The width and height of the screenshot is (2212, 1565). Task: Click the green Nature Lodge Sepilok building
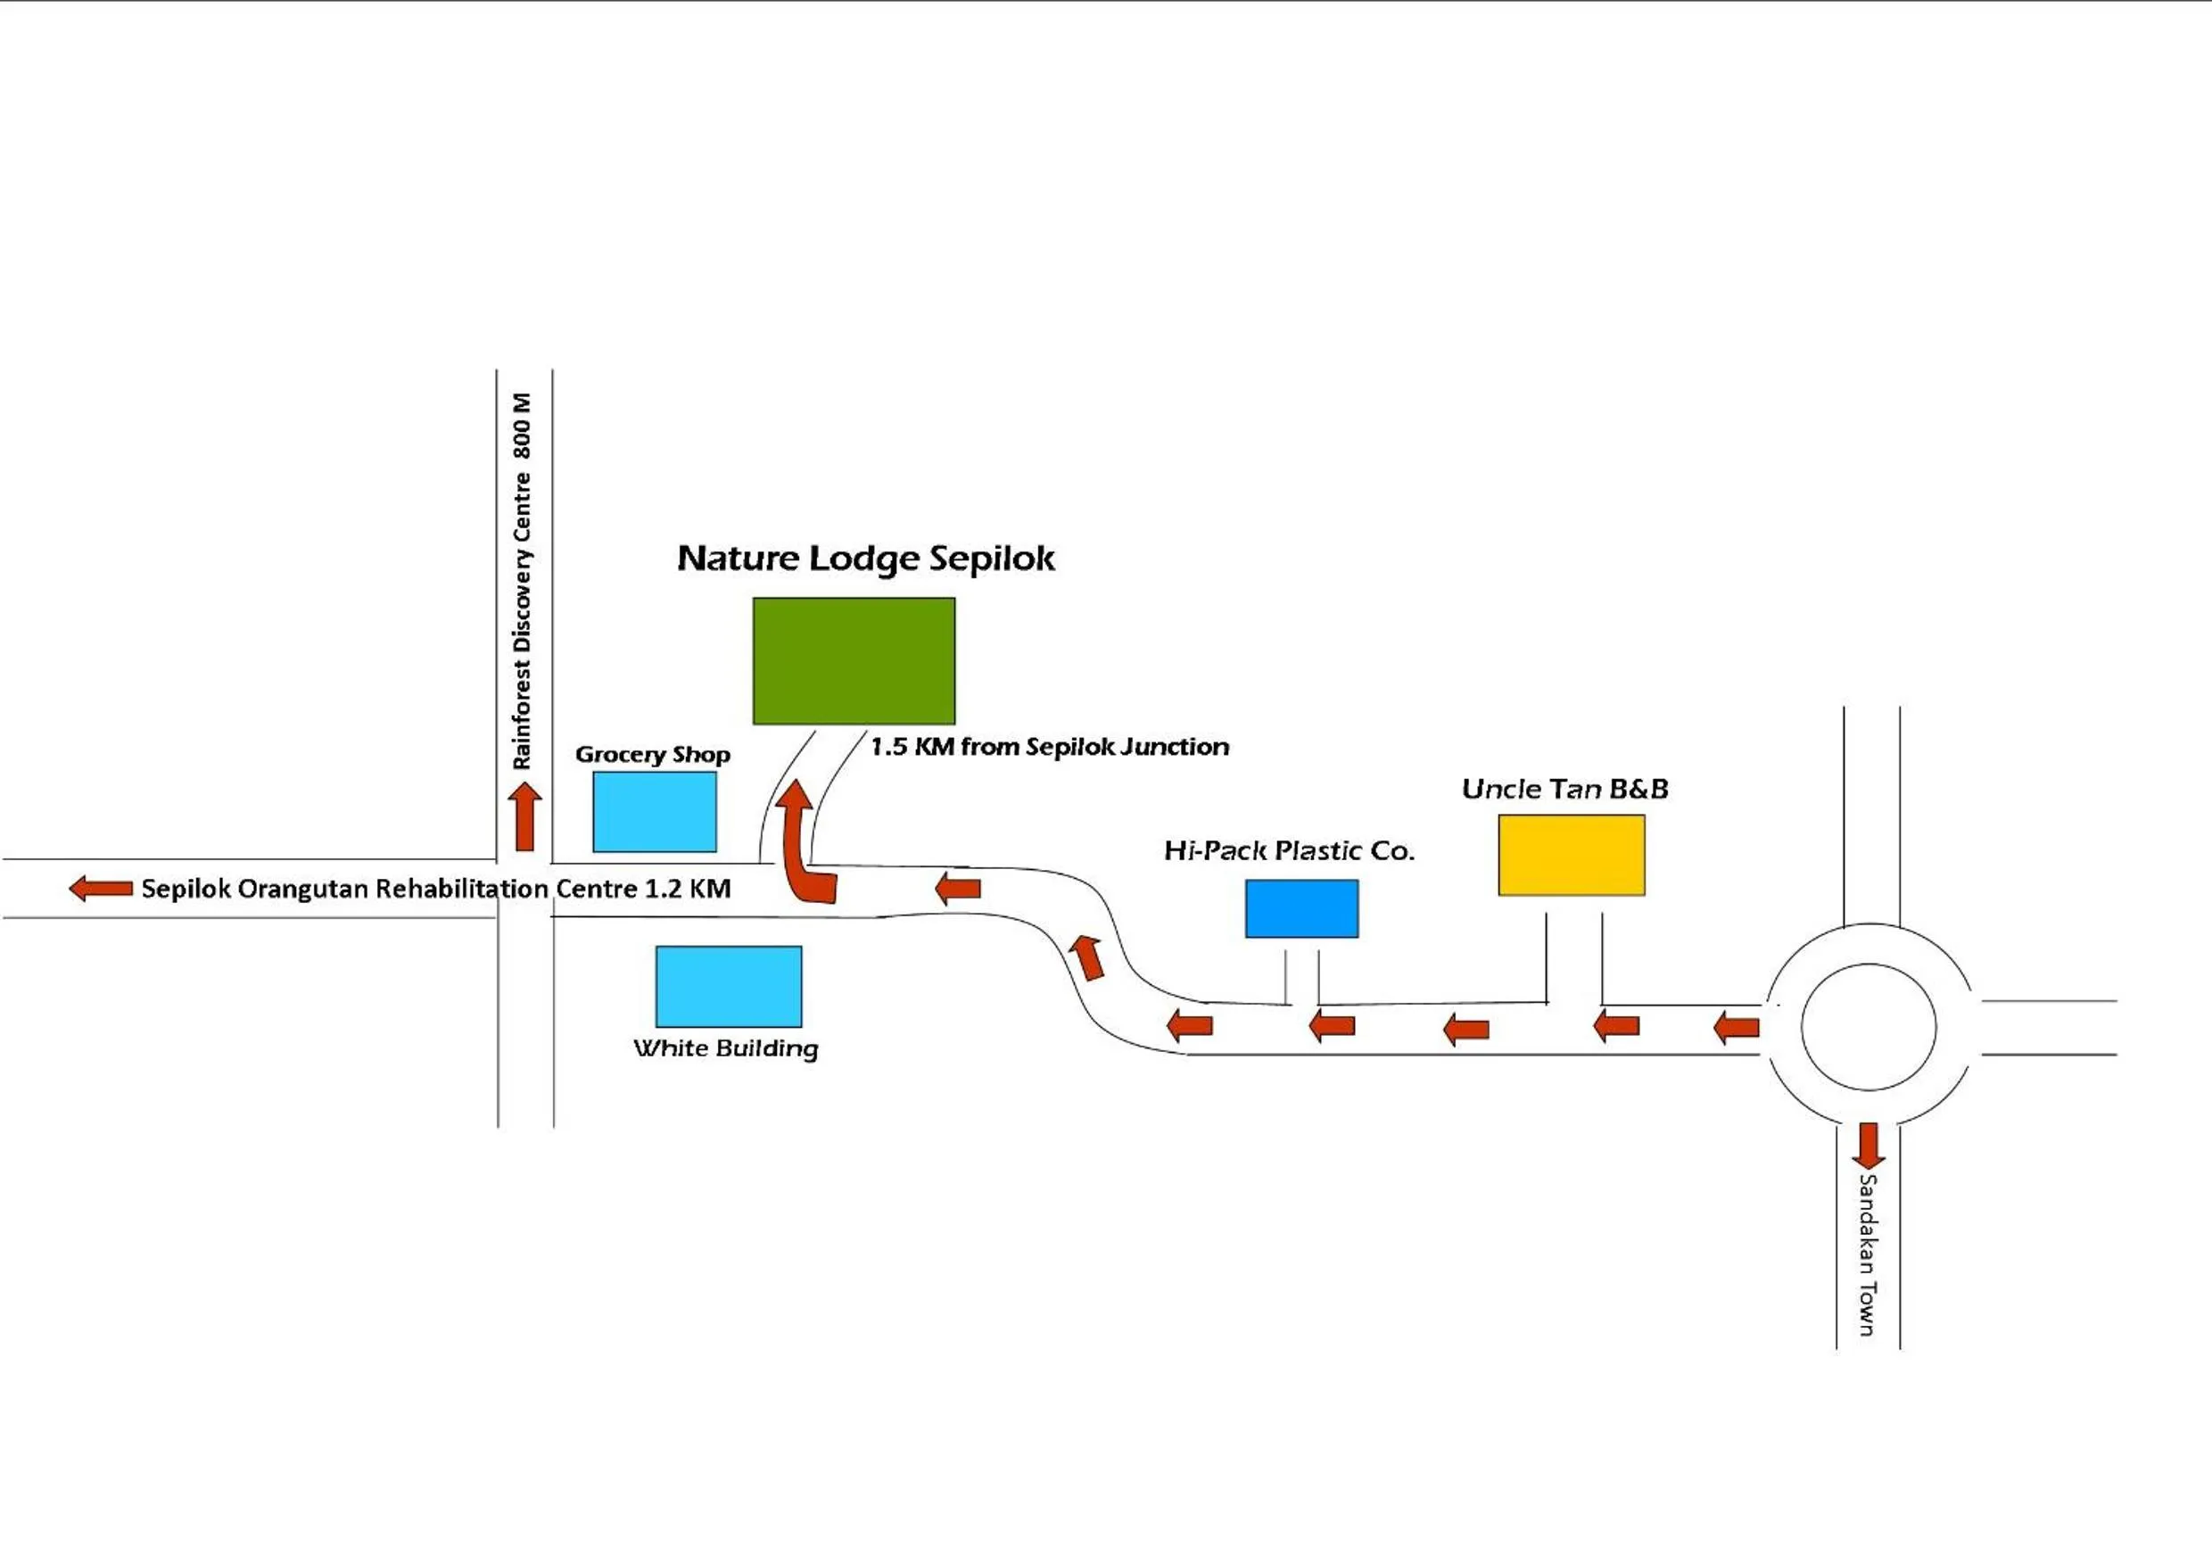tap(854, 660)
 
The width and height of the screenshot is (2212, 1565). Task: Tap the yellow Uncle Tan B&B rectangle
tap(1572, 855)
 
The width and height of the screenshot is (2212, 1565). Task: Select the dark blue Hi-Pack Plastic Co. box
tap(1301, 907)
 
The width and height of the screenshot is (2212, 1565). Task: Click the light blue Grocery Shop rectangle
tap(654, 811)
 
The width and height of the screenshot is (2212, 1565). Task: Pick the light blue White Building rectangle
tap(729, 986)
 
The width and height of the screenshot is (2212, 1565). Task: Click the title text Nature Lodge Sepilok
tap(865, 558)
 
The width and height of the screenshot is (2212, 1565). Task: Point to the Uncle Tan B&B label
tap(1564, 790)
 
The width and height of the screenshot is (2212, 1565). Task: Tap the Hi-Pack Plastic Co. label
tap(1289, 850)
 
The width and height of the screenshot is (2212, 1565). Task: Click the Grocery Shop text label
tap(652, 755)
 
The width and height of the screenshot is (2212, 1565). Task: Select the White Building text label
tap(725, 1048)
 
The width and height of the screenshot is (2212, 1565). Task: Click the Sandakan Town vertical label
tap(1867, 1254)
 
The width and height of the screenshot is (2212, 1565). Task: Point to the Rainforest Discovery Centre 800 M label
tap(521, 580)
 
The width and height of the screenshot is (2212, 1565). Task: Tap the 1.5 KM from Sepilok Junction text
tap(1049, 747)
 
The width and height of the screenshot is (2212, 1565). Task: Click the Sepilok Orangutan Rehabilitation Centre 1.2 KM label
tap(435, 889)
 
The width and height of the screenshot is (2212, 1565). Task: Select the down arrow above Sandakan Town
tap(1868, 1145)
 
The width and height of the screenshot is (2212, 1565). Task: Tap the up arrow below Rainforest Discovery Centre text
tap(524, 817)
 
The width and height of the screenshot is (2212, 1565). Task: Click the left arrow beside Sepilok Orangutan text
tap(101, 888)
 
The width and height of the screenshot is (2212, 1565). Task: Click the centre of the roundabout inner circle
tap(1868, 1027)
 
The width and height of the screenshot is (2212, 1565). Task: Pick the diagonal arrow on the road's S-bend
tap(1087, 956)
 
